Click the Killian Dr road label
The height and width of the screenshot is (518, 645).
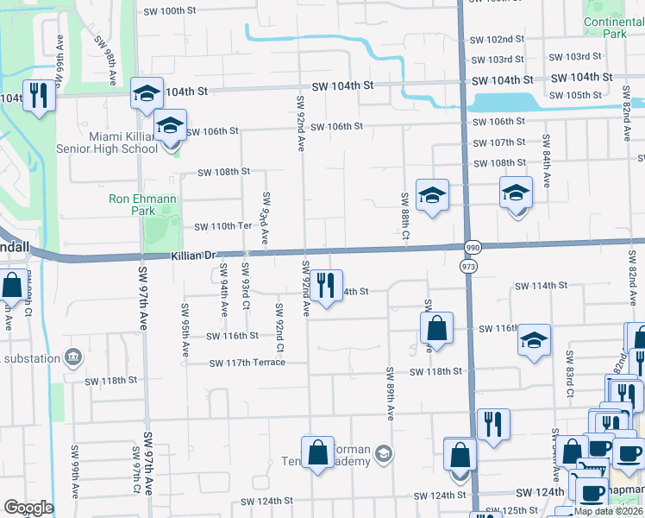[193, 256]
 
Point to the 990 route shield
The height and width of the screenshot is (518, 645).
[471, 247]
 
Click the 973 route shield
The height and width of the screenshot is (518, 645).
[468, 267]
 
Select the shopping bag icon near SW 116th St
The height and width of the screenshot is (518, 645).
[437, 328]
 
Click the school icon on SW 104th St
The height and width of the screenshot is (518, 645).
[147, 93]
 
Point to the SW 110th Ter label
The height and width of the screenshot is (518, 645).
[222, 226]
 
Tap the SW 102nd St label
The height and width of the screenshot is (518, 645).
[498, 40]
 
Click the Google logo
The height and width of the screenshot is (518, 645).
[28, 508]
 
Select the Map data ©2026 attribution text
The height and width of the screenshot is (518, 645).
[609, 511]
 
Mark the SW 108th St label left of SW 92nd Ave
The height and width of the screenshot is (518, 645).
[223, 172]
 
